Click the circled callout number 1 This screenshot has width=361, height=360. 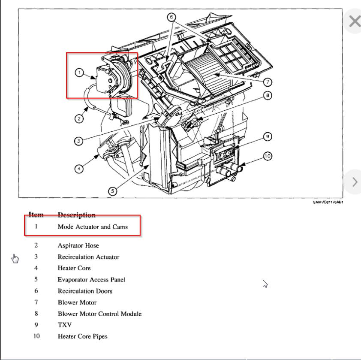(79, 73)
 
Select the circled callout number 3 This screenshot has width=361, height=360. (79, 141)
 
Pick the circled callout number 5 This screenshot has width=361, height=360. (112, 191)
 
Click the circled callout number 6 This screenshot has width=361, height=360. (171, 17)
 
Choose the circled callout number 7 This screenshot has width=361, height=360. (268, 82)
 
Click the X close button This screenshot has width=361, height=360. (355, 21)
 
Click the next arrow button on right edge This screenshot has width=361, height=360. (355, 182)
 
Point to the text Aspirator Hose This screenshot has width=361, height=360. (78, 245)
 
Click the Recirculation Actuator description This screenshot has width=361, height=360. (88, 257)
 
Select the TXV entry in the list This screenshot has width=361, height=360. (65, 325)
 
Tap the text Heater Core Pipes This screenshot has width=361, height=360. (82, 336)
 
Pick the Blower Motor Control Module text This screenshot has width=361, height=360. (99, 314)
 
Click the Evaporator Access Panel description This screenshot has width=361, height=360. (91, 279)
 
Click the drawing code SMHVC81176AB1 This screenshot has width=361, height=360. (328, 202)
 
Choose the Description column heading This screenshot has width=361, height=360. (76, 215)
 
